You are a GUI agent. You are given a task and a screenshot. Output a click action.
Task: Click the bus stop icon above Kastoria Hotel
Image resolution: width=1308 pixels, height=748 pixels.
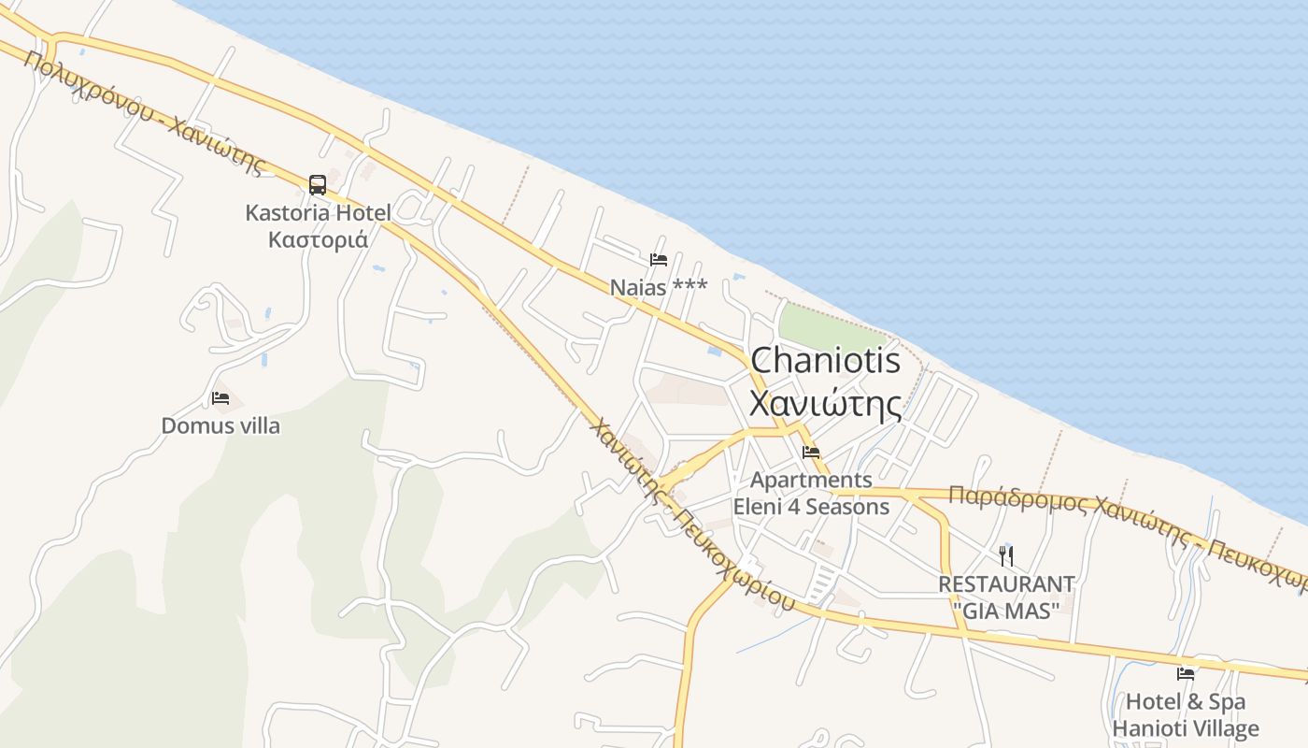coord(318,184)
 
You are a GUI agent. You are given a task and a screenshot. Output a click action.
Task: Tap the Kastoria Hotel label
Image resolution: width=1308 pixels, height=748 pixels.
coord(318,213)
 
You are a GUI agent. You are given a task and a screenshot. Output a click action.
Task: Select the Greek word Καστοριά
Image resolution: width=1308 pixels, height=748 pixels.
coord(318,240)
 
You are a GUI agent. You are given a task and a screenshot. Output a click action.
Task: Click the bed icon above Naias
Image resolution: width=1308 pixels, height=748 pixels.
coord(659,259)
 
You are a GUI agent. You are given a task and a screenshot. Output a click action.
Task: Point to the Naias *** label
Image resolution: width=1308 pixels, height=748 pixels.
coord(659,287)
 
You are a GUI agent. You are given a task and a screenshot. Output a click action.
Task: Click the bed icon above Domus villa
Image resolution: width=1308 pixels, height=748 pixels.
coord(220,398)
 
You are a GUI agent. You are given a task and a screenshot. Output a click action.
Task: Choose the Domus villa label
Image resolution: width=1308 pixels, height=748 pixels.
coord(220,426)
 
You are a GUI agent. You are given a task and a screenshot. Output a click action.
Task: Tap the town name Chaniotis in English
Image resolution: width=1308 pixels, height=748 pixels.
coord(826,361)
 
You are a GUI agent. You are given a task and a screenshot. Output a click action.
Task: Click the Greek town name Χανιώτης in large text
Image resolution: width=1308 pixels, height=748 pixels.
coord(826,404)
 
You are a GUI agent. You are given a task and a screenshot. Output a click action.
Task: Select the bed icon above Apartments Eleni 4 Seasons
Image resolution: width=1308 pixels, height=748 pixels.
coord(811,453)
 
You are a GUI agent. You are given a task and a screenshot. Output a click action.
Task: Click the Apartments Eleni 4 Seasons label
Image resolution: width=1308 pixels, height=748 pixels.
coord(811,494)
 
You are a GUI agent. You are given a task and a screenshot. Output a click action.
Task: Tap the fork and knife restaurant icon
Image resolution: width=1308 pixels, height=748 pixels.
coord(1006,556)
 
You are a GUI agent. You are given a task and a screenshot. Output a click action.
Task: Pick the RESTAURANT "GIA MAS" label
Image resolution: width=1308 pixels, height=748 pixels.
coord(1006,597)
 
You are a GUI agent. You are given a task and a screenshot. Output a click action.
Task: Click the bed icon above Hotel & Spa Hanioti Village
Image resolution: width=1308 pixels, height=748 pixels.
coord(1186,673)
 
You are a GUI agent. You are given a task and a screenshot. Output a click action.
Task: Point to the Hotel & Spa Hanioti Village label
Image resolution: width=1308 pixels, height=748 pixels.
coord(1186,715)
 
